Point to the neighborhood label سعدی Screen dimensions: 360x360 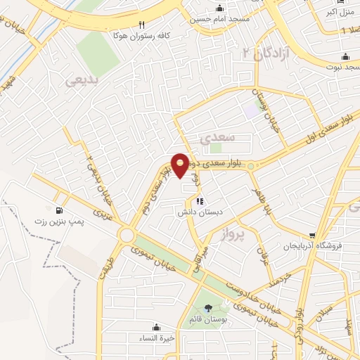tap(214, 138)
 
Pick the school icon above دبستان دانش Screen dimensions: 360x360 tap(199, 201)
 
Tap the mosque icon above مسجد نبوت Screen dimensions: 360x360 tap(345, 57)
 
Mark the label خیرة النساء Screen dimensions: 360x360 tap(156, 336)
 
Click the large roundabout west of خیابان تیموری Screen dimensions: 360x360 tap(128, 235)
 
